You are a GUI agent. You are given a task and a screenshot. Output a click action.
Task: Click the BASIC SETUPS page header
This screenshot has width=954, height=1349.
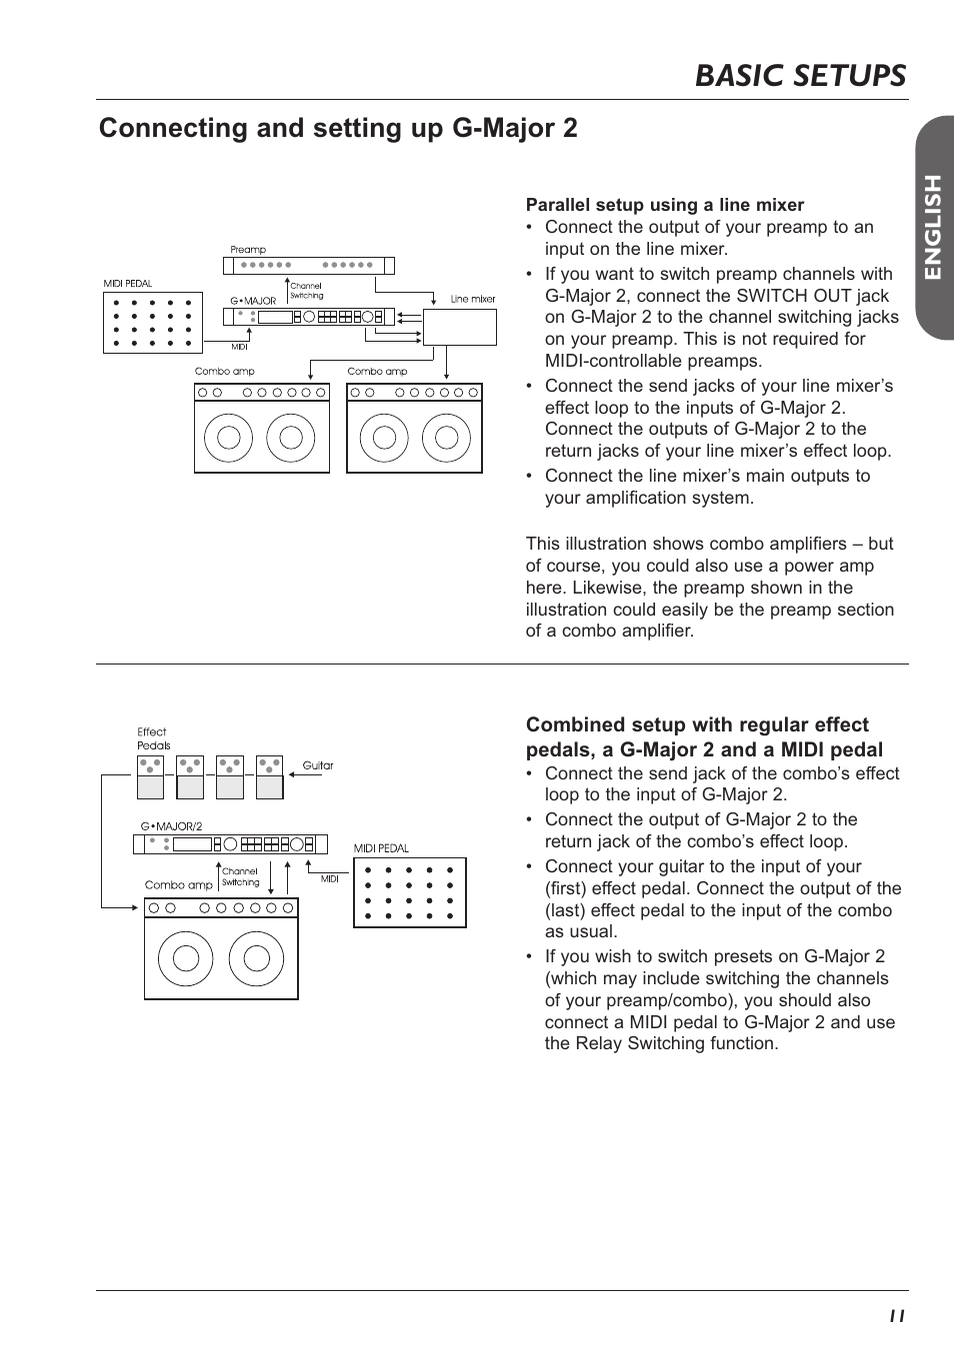800,75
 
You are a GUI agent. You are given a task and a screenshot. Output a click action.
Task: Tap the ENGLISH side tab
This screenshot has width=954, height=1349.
932,227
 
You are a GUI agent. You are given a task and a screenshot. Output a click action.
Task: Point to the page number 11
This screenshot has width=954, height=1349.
896,1316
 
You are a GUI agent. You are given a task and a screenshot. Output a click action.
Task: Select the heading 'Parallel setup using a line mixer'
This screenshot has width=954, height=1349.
665,205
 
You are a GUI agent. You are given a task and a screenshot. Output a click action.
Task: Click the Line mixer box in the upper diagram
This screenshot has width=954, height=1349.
460,327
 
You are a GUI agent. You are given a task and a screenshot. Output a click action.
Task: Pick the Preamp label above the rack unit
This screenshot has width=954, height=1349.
248,250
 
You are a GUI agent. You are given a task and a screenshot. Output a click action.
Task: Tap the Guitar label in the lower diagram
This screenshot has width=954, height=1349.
318,765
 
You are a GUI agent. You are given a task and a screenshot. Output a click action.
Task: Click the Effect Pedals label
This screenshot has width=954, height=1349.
153,738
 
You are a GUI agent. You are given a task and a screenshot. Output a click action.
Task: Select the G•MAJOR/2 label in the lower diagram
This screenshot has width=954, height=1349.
171,826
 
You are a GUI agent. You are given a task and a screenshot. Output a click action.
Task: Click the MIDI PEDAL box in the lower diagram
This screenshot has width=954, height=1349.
410,892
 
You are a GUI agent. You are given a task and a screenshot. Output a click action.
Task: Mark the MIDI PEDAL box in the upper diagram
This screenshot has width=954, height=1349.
153,323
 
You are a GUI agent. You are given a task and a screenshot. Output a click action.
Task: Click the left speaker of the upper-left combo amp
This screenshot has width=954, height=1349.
228,437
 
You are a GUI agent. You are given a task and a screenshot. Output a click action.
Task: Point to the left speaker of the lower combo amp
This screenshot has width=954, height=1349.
186,957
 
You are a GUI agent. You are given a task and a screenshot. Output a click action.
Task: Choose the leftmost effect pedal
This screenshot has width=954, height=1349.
150,776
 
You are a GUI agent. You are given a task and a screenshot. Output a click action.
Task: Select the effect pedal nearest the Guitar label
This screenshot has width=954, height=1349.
270,776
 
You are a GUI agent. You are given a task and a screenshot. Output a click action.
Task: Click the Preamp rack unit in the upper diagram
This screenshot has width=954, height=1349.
308,266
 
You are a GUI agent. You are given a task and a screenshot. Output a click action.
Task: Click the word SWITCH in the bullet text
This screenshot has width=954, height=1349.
766,296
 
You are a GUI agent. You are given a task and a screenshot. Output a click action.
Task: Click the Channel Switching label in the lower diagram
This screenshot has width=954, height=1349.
240,876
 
